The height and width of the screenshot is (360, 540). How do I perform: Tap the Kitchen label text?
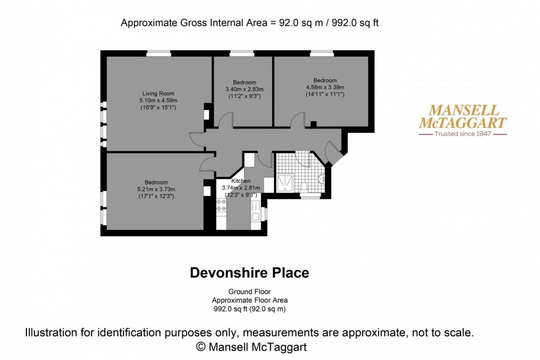click(x=241, y=181)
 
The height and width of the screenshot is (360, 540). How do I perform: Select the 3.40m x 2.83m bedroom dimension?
click(x=245, y=89)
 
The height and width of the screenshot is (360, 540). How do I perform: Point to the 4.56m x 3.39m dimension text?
click(x=325, y=87)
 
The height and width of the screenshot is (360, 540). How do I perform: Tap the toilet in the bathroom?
click(x=304, y=185)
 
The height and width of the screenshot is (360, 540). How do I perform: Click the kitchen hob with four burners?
click(x=221, y=206)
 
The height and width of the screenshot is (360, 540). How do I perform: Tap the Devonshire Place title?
click(x=250, y=272)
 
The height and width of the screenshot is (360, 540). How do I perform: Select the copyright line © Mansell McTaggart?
click(x=251, y=347)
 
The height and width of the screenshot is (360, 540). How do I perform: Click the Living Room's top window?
click(x=159, y=53)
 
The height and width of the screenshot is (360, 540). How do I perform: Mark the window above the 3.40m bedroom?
click(x=242, y=53)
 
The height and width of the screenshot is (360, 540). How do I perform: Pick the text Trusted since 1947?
click(x=463, y=134)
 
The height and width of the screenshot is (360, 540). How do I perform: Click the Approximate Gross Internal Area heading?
click(x=250, y=23)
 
